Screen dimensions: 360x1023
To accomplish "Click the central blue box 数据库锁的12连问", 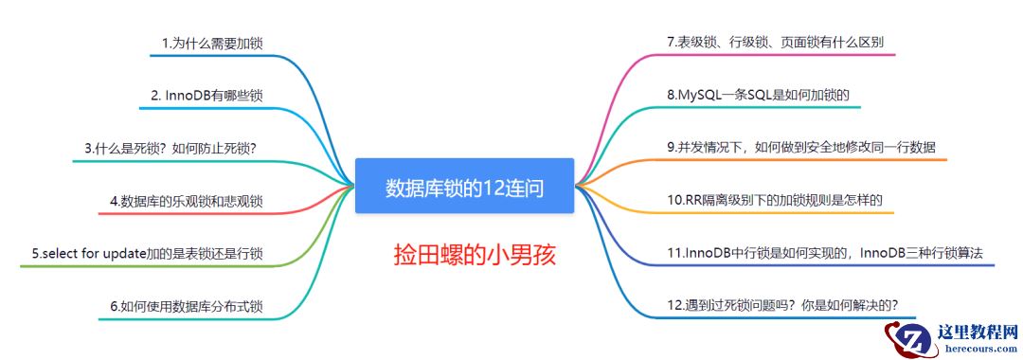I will tap(464, 187).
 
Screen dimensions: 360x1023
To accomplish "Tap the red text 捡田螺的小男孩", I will tap(475, 255).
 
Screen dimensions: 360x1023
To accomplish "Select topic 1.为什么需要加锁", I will tap(212, 43).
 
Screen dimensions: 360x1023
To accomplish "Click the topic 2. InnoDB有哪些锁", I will tap(206, 95).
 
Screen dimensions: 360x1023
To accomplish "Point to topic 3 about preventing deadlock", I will tap(170, 148).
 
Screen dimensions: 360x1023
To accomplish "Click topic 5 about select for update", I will tap(147, 253).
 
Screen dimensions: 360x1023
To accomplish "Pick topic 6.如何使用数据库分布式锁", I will tap(186, 306).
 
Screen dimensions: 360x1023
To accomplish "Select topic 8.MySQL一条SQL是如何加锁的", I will tap(757, 95).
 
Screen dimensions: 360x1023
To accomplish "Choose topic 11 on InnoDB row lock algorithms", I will tap(825, 253).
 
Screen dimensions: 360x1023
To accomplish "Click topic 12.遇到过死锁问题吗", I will tap(782, 305).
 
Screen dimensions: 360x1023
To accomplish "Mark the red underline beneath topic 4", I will tap(189, 213).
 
